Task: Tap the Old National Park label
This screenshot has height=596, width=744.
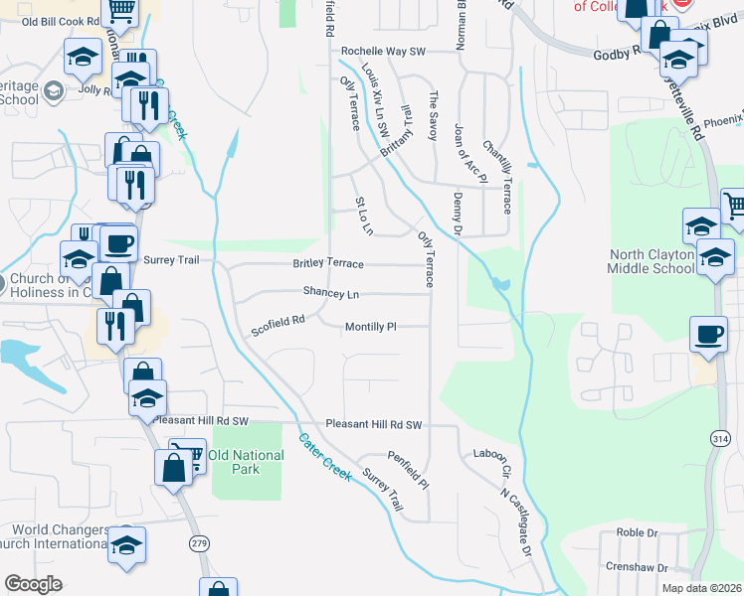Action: click(246, 462)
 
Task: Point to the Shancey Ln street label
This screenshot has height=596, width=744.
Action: click(331, 294)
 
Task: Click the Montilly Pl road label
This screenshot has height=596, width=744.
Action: click(370, 327)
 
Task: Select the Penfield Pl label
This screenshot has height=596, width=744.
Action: click(408, 472)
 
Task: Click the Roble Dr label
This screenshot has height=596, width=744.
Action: click(638, 532)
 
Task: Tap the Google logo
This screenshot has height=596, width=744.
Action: click(33, 584)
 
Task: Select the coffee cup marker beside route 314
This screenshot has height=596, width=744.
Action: click(708, 335)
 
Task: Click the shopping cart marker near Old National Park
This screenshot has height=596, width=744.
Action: click(190, 453)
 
